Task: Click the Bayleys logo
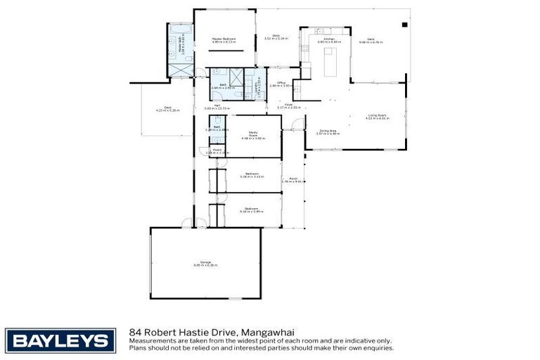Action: (x=60, y=341)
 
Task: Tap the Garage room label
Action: (x=205, y=264)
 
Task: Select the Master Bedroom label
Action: (x=224, y=40)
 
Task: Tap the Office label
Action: (x=280, y=84)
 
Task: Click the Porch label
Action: (x=293, y=180)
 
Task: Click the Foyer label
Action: (x=288, y=106)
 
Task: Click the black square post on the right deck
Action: (x=404, y=25)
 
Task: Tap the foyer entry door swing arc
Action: (x=297, y=125)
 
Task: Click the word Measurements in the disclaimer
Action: (x=149, y=340)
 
